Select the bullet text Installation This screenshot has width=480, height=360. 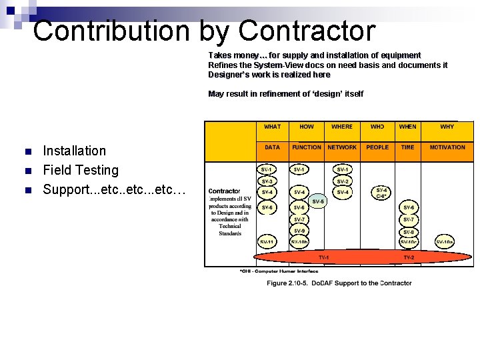click(74, 151)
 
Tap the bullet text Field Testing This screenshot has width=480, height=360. click(80, 170)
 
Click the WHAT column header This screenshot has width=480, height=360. click(273, 127)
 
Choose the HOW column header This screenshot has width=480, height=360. click(307, 127)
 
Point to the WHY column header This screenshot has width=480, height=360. click(447, 127)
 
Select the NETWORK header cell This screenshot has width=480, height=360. click(342, 147)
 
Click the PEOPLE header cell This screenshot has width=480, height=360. click(377, 147)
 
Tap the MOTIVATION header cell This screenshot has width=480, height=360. click(447, 147)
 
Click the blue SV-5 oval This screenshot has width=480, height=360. click(318, 201)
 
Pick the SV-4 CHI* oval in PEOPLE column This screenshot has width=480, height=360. click(381, 193)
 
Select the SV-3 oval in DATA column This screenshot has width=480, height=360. click(267, 181)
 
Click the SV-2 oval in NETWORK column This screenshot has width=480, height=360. click(343, 181)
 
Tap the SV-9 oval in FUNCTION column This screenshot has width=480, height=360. click(299, 231)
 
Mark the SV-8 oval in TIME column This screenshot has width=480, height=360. click(409, 231)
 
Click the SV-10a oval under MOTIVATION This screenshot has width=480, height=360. click(445, 241)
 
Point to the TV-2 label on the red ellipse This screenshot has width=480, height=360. click(409, 257)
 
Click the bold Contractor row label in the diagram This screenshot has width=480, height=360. click(225, 191)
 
